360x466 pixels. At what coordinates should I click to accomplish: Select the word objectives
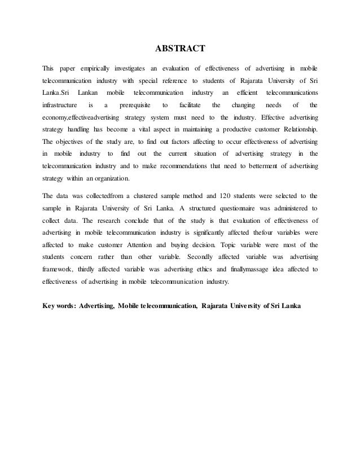(73, 142)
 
